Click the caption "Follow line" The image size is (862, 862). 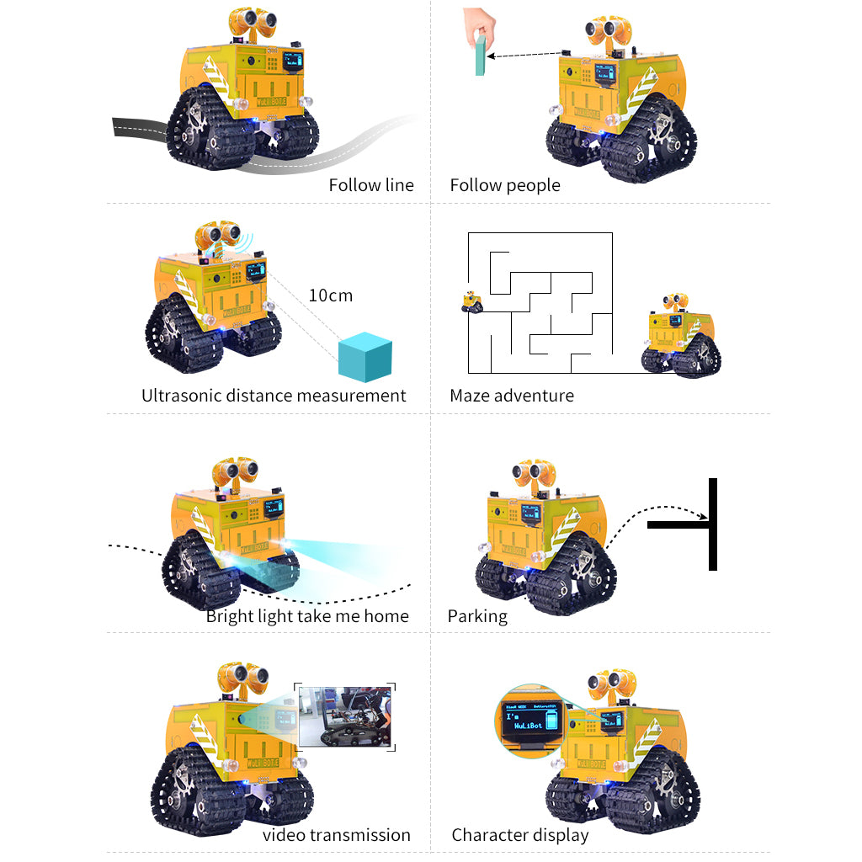[370, 185]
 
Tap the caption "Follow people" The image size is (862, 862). [504, 185]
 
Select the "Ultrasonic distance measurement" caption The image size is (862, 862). [274, 396]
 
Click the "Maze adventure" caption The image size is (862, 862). [512, 396]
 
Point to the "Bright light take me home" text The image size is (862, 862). [307, 616]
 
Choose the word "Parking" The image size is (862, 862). [477, 616]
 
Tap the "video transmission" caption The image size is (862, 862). [337, 835]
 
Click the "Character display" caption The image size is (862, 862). [519, 835]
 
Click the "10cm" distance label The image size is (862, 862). [330, 295]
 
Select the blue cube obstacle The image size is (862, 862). [364, 358]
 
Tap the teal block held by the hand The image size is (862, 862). [480, 56]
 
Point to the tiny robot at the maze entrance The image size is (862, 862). [472, 302]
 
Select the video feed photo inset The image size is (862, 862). [346, 716]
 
